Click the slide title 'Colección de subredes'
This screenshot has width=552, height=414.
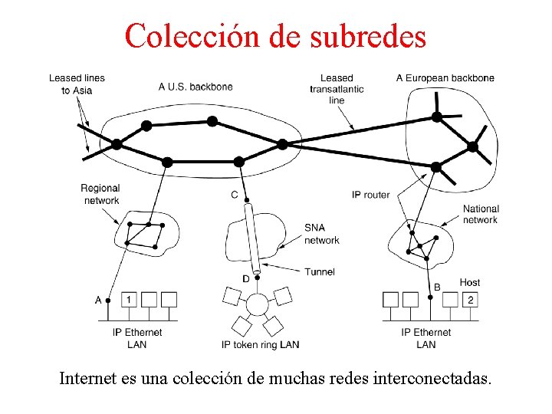pos(275,35)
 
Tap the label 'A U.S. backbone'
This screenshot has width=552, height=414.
pos(195,87)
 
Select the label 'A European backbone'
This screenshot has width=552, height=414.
pos(445,78)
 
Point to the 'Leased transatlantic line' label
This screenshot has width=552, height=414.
pos(337,89)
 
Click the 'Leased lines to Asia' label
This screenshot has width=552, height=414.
pos(77,84)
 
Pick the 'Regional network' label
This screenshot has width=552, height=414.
pos(100,195)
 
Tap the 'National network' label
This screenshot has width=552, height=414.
pos(481,214)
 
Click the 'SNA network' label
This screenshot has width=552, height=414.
pos(321,234)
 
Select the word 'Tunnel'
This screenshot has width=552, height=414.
pos(320,271)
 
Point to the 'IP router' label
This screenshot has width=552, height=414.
pos(371,195)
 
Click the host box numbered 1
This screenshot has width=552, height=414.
pos(130,299)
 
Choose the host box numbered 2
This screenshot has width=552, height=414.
pos(470,299)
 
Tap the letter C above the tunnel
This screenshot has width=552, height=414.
pos(235,195)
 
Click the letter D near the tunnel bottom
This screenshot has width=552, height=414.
pos(246,278)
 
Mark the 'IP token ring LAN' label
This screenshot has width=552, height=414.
pos(260,345)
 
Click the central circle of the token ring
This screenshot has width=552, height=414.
pos(257,304)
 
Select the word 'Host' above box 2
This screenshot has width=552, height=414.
pos(470,283)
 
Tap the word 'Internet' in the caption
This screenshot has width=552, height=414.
pos(87,379)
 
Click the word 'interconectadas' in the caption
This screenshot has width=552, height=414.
pos(436,379)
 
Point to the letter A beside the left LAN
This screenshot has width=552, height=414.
pos(98,300)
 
